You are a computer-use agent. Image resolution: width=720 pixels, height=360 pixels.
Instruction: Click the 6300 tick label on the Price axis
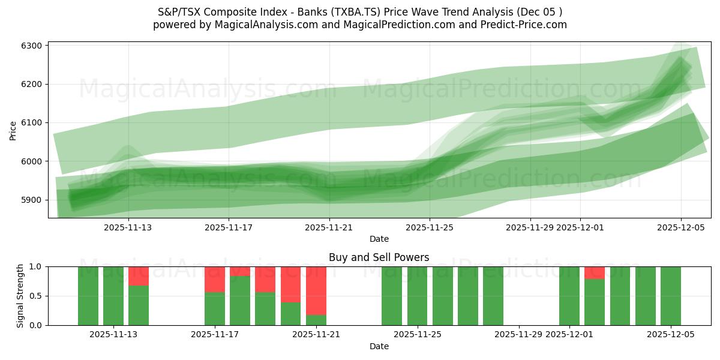coord(32,46)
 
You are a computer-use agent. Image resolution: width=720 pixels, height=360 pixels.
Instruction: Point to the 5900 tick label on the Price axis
coord(32,200)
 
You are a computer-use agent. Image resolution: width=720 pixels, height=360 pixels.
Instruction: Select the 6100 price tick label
coord(32,123)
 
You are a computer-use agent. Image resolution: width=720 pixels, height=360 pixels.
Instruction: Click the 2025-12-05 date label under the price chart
coord(680,227)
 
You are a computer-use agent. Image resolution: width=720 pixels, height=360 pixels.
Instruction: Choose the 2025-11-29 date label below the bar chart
coord(518,334)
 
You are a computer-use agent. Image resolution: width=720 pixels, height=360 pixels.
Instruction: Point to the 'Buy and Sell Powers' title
coord(379,257)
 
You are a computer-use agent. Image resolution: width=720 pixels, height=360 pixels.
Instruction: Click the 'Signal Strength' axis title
coord(20,296)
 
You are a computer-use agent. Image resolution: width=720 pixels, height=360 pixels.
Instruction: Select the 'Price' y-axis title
coord(13,130)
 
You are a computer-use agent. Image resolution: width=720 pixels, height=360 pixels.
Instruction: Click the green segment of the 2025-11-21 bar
coord(316,320)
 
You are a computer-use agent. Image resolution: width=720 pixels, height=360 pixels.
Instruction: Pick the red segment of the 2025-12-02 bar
coord(595,272)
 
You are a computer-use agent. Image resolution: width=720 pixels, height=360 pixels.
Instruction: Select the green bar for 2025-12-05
coord(671,296)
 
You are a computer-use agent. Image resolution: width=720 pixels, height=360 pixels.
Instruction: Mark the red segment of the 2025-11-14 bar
coord(139,275)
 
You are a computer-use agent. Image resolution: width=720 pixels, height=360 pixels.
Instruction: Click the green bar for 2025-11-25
coord(417,296)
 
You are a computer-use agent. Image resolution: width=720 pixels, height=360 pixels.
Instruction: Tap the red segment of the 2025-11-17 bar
coord(215,279)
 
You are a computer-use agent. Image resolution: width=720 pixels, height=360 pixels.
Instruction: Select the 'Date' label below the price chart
coord(379,239)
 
